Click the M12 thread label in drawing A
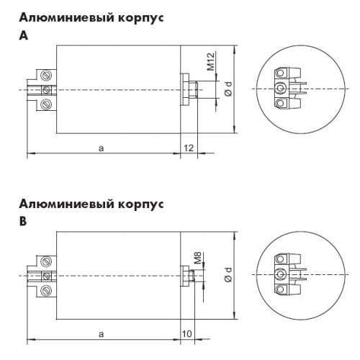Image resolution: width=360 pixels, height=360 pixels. [211, 62]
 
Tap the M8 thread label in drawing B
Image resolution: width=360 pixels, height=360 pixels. [197, 258]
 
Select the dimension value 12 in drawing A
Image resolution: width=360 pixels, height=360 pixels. [189, 148]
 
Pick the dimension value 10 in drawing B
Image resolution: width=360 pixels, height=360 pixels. [187, 334]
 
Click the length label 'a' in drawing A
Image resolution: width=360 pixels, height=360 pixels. [102, 148]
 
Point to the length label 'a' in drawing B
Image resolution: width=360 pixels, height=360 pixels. [102, 334]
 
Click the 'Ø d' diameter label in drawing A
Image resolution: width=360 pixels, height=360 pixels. [229, 89]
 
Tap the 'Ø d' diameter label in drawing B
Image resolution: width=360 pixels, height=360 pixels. [229, 274]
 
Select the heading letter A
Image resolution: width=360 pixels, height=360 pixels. [24, 36]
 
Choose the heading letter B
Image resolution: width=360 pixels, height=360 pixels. [23, 222]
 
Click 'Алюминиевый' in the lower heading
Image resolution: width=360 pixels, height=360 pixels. [67, 204]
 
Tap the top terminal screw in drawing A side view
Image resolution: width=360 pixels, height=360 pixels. [46, 76]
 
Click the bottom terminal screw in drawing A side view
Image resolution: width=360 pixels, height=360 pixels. [46, 104]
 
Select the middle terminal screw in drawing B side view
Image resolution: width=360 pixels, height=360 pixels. [46, 276]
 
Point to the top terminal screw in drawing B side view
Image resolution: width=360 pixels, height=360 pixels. [46, 261]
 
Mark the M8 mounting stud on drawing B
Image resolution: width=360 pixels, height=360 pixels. [192, 276]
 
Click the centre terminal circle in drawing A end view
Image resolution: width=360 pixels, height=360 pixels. [280, 89]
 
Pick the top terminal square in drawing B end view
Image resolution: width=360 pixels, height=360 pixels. [280, 259]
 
